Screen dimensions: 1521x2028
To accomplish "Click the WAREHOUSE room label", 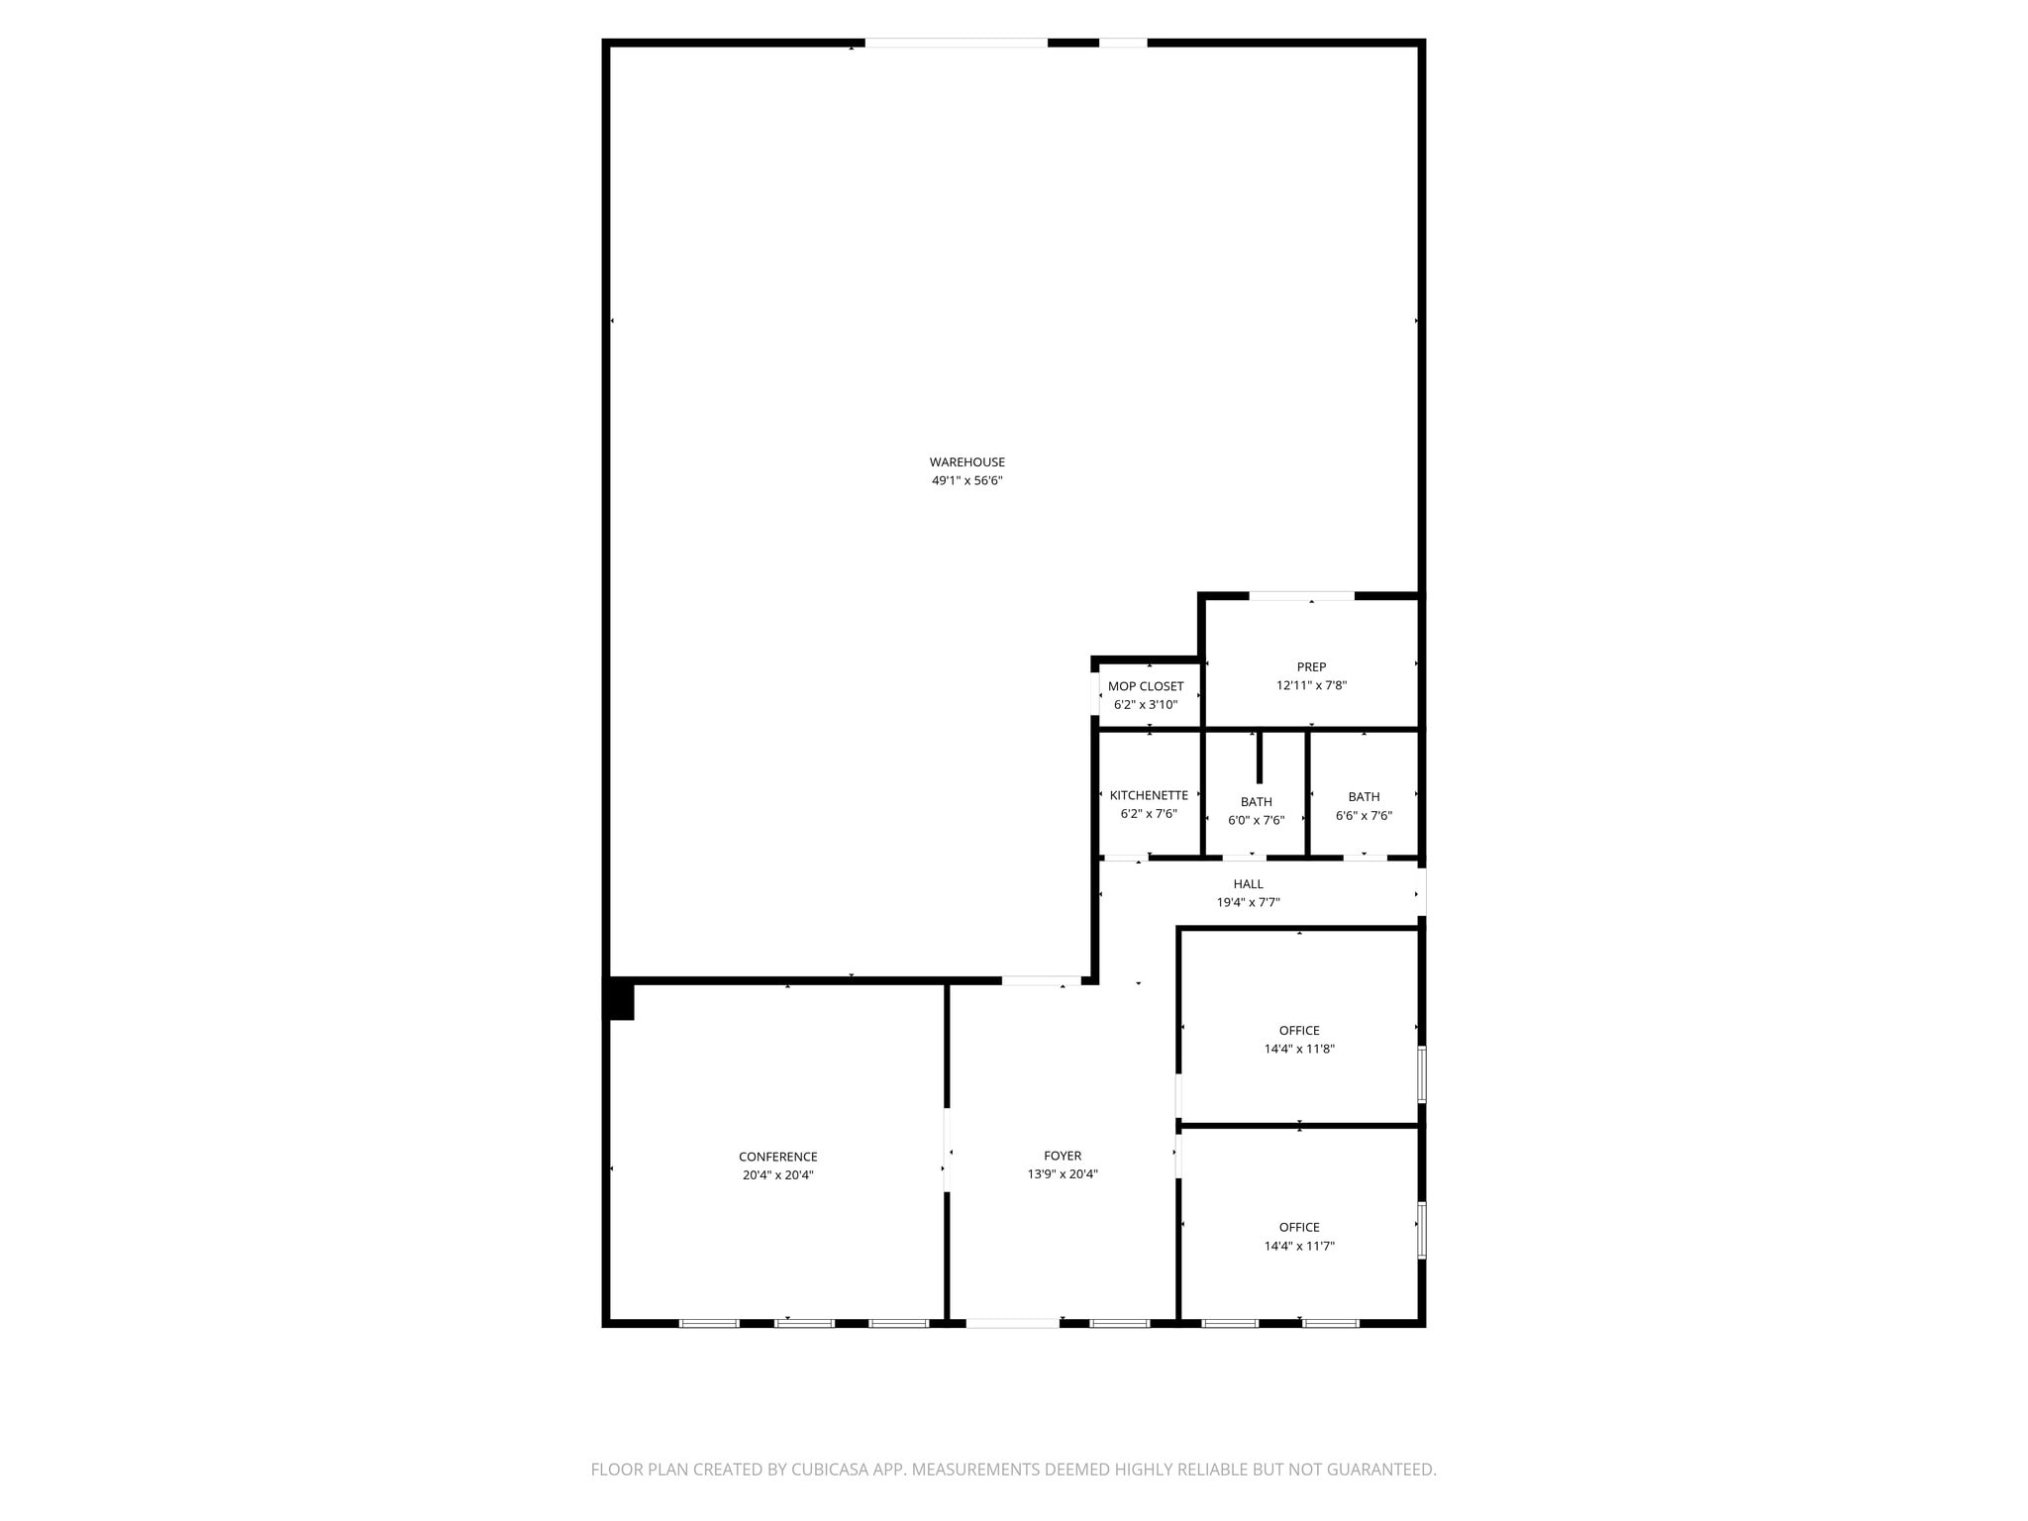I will pos(966,462).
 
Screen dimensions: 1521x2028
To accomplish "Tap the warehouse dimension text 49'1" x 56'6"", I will pos(966,481).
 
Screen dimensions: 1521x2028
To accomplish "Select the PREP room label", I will pos(1311,667).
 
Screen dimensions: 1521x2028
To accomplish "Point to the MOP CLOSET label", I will pos(1146,686).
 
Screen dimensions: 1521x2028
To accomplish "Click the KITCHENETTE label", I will pos(1149,795).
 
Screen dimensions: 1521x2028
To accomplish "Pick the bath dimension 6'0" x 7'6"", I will pos(1256,820).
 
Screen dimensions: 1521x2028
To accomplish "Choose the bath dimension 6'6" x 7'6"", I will pos(1364,816).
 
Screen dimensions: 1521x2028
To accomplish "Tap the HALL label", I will pos(1248,884).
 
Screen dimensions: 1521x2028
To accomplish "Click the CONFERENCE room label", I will pos(777,1157).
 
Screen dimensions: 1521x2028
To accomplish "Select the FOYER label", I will pos(1063,1156).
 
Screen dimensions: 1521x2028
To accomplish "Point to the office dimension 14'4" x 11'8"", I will pos(1299,1049).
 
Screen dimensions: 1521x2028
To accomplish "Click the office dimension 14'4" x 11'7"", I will pos(1299,1246).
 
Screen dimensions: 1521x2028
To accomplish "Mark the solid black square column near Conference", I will pos(620,1001).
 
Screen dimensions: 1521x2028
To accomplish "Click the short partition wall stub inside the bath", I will pos(1260,758).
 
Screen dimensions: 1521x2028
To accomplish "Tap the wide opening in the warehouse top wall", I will pos(956,44).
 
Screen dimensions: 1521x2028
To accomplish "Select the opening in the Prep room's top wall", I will pos(1301,596).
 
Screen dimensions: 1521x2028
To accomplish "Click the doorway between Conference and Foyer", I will pos(947,1149).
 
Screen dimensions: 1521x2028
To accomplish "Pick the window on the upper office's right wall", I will pos(1422,1074).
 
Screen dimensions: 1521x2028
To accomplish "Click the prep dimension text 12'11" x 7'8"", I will pos(1311,685).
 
